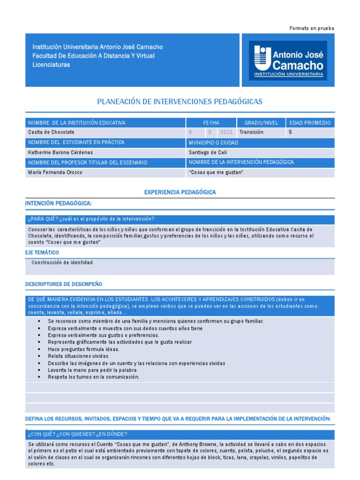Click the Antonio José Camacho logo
(288, 60)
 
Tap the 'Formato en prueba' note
(312, 29)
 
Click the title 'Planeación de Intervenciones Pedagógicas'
(180, 101)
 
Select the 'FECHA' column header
(211, 123)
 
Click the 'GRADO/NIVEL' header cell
(261, 123)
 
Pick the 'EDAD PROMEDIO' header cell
(310, 123)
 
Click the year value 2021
(226, 132)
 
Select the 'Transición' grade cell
(251, 132)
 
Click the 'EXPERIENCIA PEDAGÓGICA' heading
(180, 192)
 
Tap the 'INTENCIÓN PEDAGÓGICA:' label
(58, 203)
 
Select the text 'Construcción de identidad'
(62, 262)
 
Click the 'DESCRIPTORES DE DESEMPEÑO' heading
(63, 284)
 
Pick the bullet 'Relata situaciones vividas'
(78, 356)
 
